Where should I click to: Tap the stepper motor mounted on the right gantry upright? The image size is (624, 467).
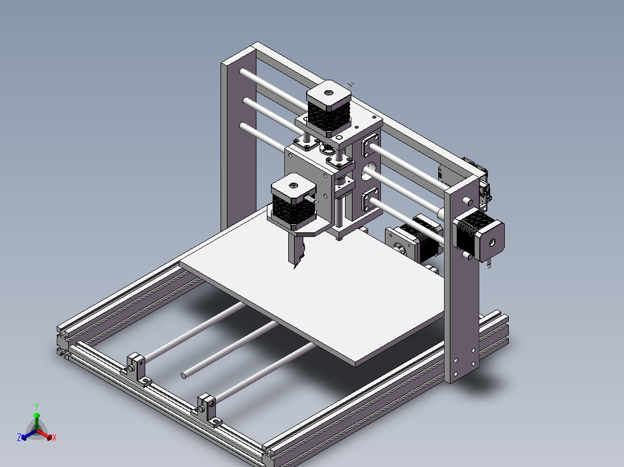tap(480, 236)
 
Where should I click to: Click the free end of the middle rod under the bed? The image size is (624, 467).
tap(184, 375)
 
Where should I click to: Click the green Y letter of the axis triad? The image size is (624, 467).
tap(36, 406)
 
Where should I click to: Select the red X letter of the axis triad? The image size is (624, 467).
tap(54, 438)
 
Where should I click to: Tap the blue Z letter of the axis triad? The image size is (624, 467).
tap(19, 438)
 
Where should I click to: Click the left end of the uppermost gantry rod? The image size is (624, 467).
tap(245, 73)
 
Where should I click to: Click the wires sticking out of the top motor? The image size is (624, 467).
tap(349, 84)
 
